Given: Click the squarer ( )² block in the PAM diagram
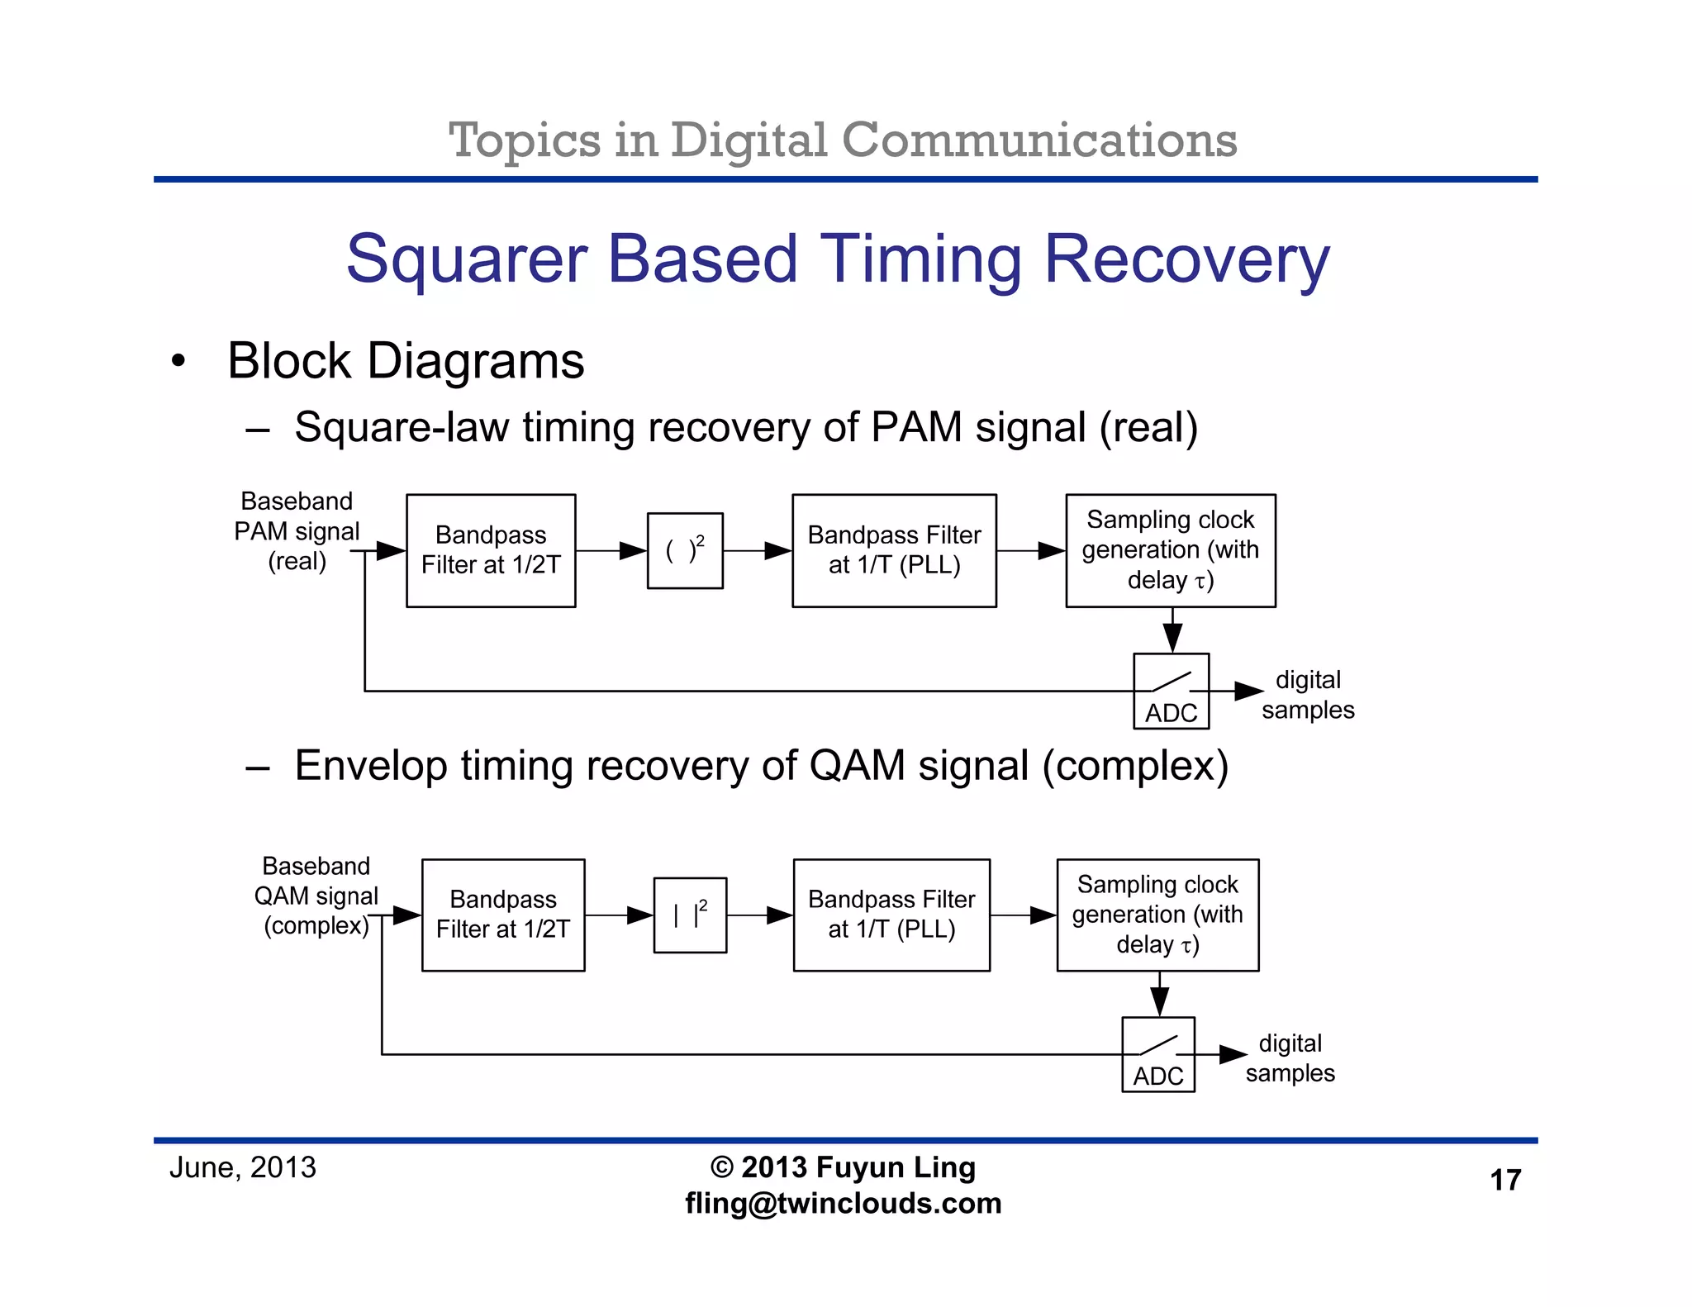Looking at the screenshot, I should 685,550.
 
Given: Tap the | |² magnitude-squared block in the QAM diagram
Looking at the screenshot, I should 690,915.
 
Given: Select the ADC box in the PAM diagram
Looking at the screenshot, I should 1171,692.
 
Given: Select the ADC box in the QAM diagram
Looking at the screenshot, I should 1157,1055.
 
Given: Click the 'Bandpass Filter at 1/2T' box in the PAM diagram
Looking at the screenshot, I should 491,550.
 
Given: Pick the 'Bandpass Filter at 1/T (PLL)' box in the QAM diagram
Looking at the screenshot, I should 891,915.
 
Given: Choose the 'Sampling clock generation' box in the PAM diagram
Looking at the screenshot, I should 1170,550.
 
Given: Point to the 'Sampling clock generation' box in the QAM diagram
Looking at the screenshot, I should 1157,915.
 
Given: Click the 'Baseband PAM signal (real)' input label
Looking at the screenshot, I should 297,531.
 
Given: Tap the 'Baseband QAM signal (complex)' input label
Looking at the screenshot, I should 316,896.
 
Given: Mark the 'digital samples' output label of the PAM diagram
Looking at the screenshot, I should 1307,695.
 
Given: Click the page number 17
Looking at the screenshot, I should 1504,1180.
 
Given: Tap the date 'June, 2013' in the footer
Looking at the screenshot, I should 242,1167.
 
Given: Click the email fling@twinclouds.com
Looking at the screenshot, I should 843,1203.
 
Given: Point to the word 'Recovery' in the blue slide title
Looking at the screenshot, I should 1186,259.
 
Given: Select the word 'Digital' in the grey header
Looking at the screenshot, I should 748,140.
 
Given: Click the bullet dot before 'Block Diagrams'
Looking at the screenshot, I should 178,361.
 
